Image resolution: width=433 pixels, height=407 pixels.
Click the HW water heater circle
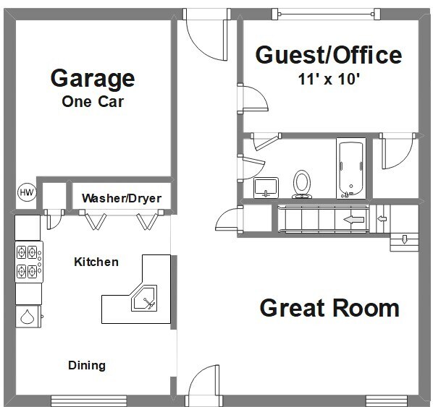(x=27, y=192)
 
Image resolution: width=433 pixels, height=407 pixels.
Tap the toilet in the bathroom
(x=302, y=184)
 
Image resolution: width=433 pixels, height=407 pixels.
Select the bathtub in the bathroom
(x=351, y=168)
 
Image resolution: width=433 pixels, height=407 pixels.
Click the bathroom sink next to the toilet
(x=266, y=187)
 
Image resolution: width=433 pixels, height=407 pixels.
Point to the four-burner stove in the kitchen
(x=29, y=262)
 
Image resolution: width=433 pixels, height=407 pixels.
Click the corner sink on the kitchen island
(x=144, y=299)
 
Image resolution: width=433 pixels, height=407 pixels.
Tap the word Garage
(x=93, y=79)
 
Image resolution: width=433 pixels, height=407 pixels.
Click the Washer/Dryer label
(x=122, y=199)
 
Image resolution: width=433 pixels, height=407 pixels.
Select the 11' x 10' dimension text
(x=329, y=79)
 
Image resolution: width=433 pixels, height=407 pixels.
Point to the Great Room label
(x=329, y=308)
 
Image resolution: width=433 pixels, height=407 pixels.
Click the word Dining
(x=87, y=365)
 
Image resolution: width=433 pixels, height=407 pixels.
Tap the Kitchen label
(x=96, y=262)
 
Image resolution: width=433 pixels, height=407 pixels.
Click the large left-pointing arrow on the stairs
(x=353, y=220)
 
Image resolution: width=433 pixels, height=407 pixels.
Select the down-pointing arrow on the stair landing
(x=404, y=239)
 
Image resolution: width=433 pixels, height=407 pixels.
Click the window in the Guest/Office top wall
(x=326, y=14)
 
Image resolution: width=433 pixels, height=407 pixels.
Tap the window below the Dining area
(x=88, y=400)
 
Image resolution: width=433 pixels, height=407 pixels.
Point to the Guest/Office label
(x=329, y=55)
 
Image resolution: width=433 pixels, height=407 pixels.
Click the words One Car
(x=93, y=102)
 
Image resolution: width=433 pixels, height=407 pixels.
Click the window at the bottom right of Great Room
(x=387, y=400)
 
